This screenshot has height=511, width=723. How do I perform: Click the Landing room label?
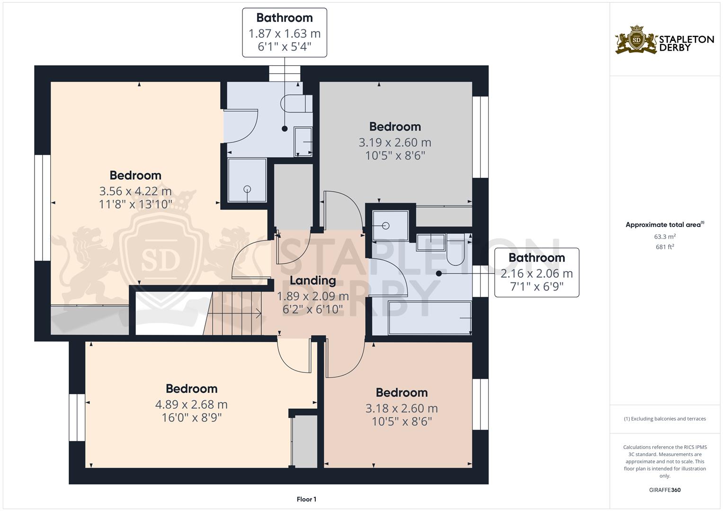[312, 281]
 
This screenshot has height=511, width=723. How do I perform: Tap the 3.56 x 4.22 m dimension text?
[135, 191]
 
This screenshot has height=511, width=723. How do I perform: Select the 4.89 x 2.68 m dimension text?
[191, 405]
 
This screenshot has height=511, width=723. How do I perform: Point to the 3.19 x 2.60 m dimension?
[395, 142]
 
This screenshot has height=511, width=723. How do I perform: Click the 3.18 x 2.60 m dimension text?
[402, 408]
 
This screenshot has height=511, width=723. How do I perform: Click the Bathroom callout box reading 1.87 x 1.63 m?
[285, 33]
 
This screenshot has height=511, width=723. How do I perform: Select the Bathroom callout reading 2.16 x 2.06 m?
[536, 273]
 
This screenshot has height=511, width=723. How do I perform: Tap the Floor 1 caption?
[306, 499]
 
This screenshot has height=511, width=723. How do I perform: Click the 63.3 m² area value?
[665, 236]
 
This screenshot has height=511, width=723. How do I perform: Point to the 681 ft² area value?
[665, 247]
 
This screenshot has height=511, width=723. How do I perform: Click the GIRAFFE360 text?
[665, 490]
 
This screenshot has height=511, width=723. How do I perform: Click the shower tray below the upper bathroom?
[247, 180]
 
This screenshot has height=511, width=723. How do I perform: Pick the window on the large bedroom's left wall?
[43, 208]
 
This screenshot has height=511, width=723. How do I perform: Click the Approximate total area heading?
[665, 225]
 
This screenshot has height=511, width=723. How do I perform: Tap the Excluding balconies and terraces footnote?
[665, 419]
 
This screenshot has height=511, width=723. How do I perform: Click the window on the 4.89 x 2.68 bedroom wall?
[77, 417]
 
